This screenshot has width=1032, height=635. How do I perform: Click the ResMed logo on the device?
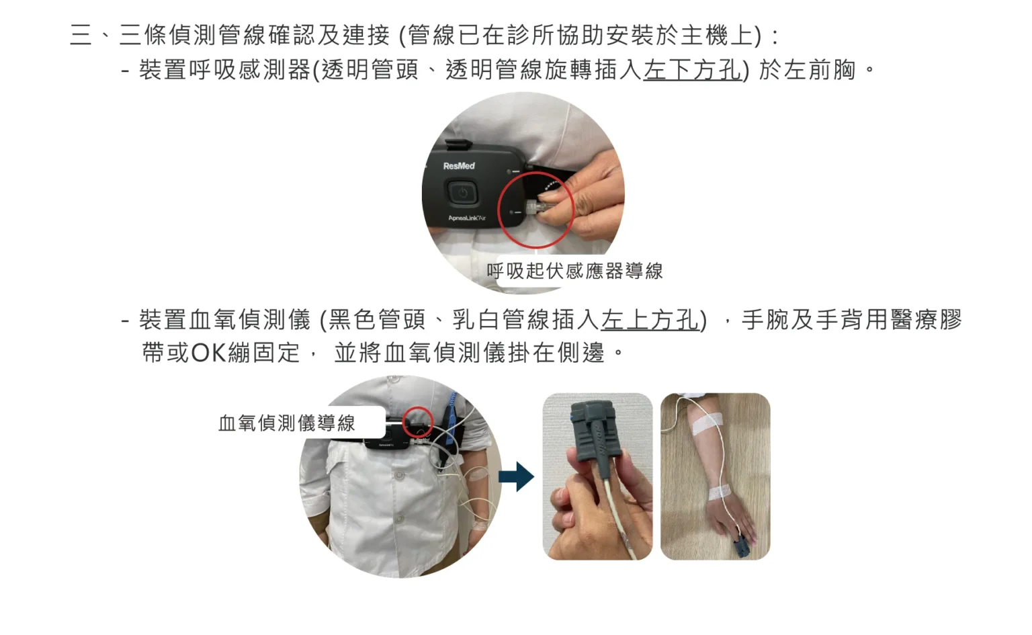(459, 166)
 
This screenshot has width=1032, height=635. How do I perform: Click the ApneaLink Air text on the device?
(467, 218)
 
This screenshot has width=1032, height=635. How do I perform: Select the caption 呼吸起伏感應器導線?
(574, 271)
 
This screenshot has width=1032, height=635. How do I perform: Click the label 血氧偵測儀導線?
(287, 423)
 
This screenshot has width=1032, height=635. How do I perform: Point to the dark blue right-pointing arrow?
(517, 476)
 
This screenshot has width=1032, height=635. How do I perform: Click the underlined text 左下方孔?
(692, 70)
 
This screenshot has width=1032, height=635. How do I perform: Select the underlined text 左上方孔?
(650, 320)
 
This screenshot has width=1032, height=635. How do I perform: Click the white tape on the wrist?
(724, 492)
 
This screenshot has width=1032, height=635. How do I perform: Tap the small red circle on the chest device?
(417, 422)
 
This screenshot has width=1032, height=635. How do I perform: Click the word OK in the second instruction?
(208, 353)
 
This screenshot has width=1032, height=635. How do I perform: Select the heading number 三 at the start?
(81, 35)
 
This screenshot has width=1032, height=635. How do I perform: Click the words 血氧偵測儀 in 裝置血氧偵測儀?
(250, 320)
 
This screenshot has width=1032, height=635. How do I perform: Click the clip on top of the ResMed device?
(457, 143)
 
